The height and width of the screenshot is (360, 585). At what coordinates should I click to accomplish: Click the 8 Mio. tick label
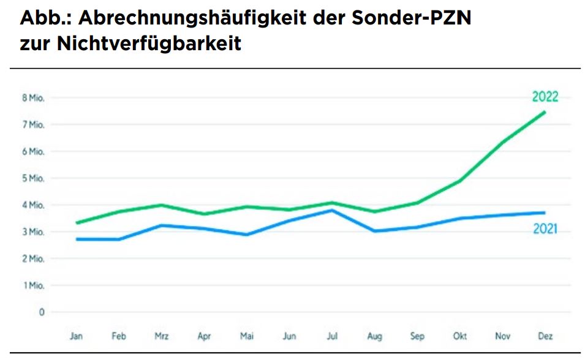point(33,98)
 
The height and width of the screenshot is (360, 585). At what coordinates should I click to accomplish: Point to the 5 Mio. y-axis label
point(33,178)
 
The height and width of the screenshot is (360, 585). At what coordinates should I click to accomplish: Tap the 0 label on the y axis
point(42,312)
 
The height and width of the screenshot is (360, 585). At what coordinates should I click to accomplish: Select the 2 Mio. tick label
point(33,258)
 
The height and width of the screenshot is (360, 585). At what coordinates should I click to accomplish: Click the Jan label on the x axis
point(76,336)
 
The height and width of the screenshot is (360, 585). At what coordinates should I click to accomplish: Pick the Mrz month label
point(162,336)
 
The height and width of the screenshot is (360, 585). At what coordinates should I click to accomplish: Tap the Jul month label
point(332,336)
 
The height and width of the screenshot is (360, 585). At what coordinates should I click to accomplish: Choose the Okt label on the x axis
point(460,336)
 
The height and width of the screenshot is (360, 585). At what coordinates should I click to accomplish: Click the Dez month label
point(545,336)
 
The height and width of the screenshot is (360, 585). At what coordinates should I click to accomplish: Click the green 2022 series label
point(545,97)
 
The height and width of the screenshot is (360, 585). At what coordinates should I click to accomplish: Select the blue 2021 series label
point(545,228)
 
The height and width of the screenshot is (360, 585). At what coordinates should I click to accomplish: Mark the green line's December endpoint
point(545,112)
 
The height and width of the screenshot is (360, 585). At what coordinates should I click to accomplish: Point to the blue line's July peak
point(332,211)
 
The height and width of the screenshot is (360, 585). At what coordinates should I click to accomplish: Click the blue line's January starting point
point(77,239)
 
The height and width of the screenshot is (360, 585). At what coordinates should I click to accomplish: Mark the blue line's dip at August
point(374,231)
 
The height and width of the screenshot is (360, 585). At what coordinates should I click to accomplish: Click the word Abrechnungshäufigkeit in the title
point(192,18)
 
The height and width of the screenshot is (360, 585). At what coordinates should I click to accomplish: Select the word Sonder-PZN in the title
point(412,17)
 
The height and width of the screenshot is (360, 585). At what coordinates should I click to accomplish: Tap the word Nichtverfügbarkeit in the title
point(149,43)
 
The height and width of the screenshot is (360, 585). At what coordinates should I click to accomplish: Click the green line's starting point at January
point(77,223)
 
